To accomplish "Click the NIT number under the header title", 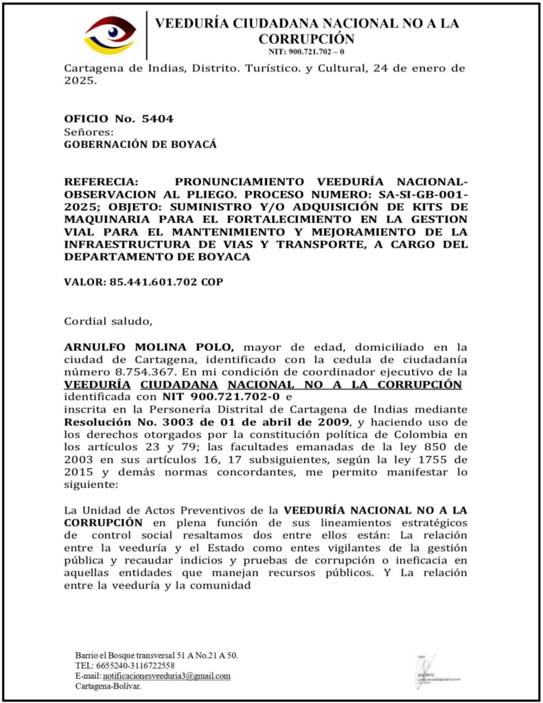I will pos(306,52).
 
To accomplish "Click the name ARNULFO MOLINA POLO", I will pos(150,346).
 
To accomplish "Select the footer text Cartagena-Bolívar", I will pos(108,686).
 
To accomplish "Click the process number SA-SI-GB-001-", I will pos(417,194).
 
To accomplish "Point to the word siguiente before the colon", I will pos(88,483).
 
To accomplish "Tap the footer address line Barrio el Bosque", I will pos(157,655).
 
